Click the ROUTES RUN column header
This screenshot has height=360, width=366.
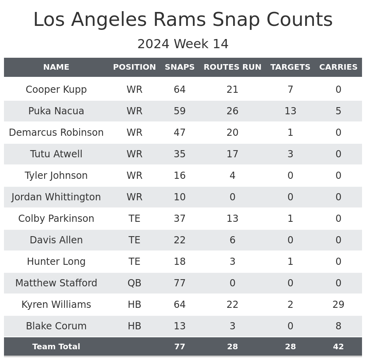point(232,67)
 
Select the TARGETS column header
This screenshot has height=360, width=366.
point(290,67)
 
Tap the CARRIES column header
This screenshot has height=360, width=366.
point(338,67)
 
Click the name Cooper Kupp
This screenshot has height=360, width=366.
point(56,90)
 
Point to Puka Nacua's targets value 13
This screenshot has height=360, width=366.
point(290,111)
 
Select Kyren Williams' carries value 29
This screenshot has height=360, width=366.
point(338,305)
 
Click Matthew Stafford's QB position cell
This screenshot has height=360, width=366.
point(134,283)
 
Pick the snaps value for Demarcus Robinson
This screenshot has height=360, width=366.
point(179,133)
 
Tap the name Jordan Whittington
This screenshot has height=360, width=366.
point(56,197)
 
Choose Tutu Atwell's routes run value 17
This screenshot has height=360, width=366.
point(232,154)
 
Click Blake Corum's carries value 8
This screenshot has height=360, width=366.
point(338,326)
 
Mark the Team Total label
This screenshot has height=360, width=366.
point(56,347)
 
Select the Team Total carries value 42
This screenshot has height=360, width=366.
point(338,347)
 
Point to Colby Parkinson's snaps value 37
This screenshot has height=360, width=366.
point(179,219)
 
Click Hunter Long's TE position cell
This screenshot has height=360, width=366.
point(134,262)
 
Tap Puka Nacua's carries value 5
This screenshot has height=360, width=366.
point(338,111)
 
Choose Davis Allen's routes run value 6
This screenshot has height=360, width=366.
point(232,240)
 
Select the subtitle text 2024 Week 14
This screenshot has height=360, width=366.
point(183,44)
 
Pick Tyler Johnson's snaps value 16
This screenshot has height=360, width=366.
point(179,176)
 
